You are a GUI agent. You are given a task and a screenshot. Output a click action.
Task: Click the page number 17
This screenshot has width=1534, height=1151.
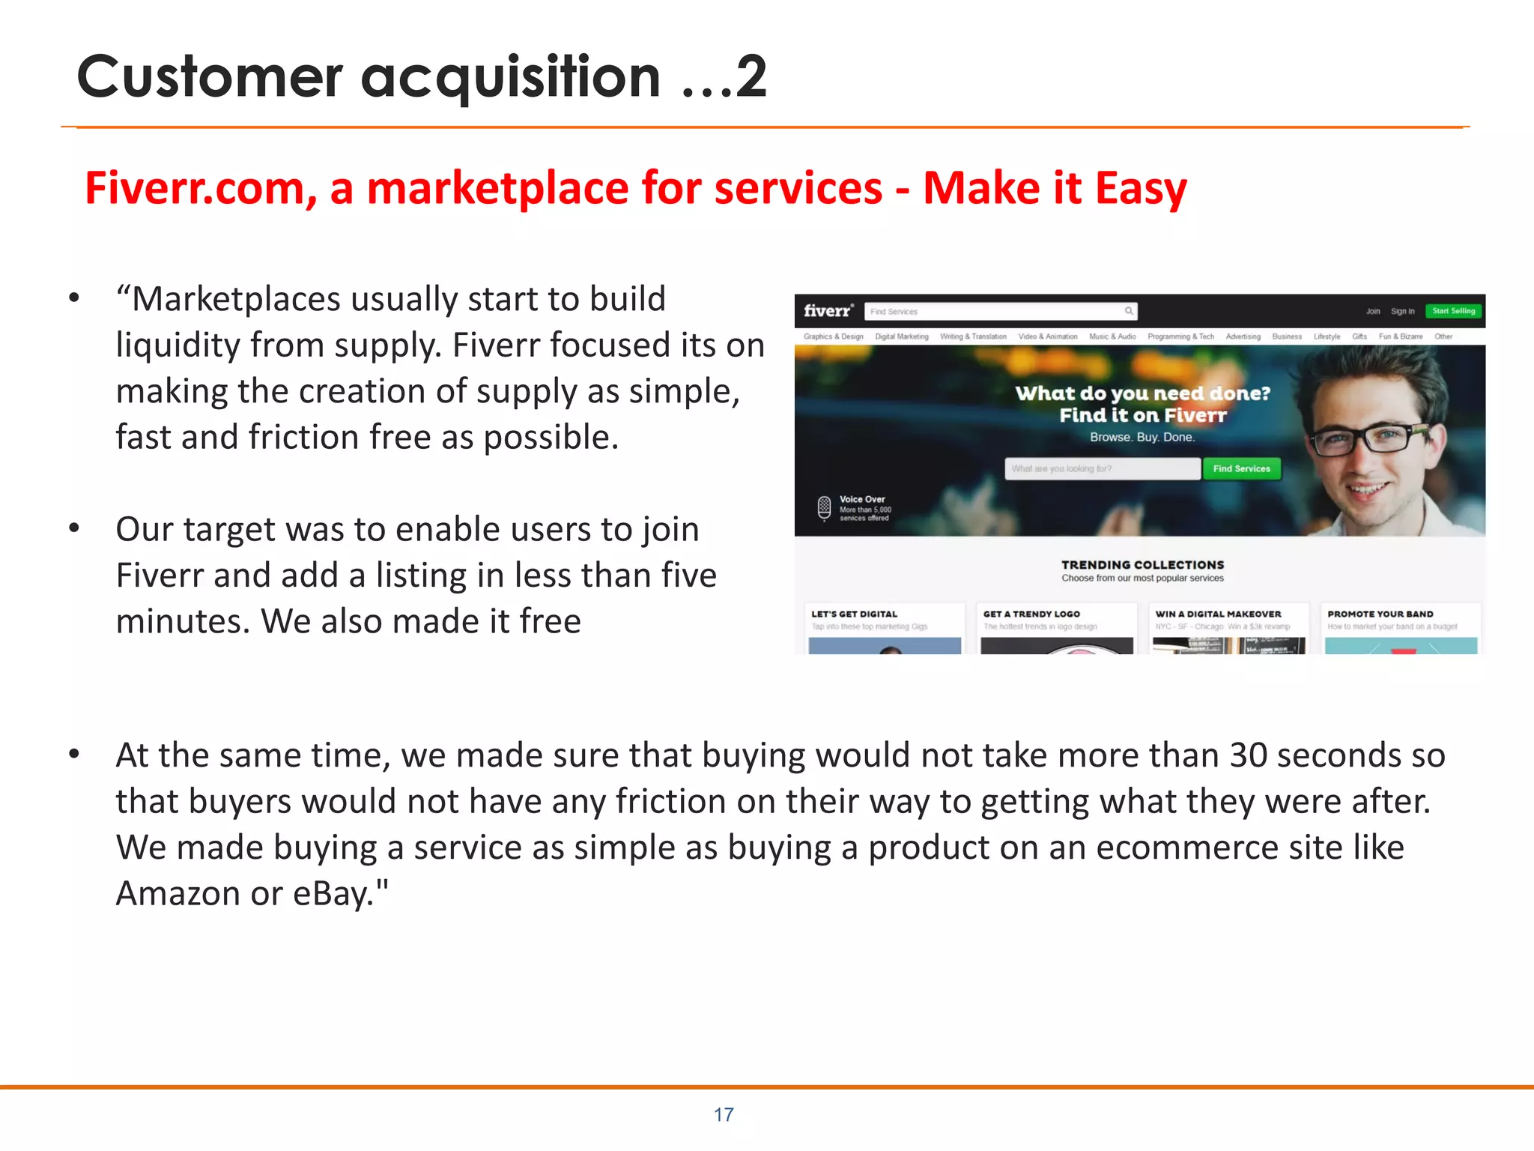[724, 1114]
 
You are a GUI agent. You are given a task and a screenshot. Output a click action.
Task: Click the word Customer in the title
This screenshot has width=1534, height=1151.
[210, 76]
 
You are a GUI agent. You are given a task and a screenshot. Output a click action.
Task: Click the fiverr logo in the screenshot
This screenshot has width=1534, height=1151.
[828, 310]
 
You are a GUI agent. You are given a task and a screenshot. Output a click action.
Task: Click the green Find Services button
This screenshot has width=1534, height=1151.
[1241, 468]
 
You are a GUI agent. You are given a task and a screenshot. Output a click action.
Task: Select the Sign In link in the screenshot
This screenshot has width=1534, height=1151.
[1402, 311]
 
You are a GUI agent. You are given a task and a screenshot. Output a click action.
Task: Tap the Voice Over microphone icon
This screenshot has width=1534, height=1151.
[824, 508]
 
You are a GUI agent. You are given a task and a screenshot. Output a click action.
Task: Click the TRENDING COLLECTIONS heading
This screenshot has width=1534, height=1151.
[1142, 564]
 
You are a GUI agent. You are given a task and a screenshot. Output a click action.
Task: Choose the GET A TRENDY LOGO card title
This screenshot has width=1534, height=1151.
[1031, 614]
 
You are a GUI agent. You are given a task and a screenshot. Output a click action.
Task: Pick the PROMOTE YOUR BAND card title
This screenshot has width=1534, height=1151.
[1380, 614]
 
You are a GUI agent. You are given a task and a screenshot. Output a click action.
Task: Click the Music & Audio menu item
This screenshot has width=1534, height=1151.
[1112, 336]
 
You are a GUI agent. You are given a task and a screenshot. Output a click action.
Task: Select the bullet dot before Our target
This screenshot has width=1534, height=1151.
[73, 529]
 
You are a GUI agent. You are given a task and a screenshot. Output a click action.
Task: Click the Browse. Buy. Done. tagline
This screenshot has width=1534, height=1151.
[1142, 437]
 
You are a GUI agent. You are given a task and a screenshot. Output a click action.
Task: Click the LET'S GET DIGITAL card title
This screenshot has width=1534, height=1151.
[854, 614]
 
